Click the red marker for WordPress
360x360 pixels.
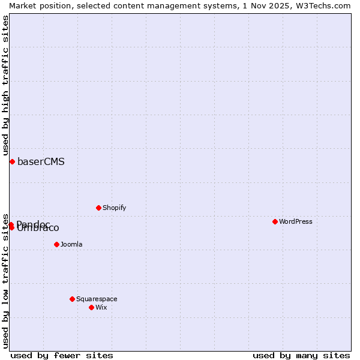pyautogui.click(x=275, y=221)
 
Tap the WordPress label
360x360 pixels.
pyautogui.click(x=296, y=221)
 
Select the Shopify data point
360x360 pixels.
pyautogui.click(x=99, y=208)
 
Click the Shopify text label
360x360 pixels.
pyautogui.click(x=114, y=208)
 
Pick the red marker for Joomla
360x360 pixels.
pyautogui.click(x=57, y=244)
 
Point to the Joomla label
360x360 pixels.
pyautogui.click(x=71, y=244)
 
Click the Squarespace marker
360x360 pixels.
pyautogui.click(x=73, y=299)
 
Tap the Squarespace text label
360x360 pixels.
pyautogui.click(x=97, y=299)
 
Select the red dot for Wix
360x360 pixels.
pyautogui.click(x=92, y=307)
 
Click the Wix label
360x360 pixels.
pyautogui.click(x=101, y=307)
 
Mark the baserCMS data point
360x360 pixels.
pyautogui.click(x=12, y=161)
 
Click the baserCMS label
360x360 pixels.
pyautogui.click(x=41, y=161)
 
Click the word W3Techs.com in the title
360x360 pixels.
pyautogui.click(x=326, y=5)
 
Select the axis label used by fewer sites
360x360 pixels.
pyautogui.click(x=62, y=355)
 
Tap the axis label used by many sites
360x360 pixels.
pyautogui.click(x=301, y=355)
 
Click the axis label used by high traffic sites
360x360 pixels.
pyautogui.click(x=5, y=84)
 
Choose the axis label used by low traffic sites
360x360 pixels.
pyautogui.click(x=5, y=281)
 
